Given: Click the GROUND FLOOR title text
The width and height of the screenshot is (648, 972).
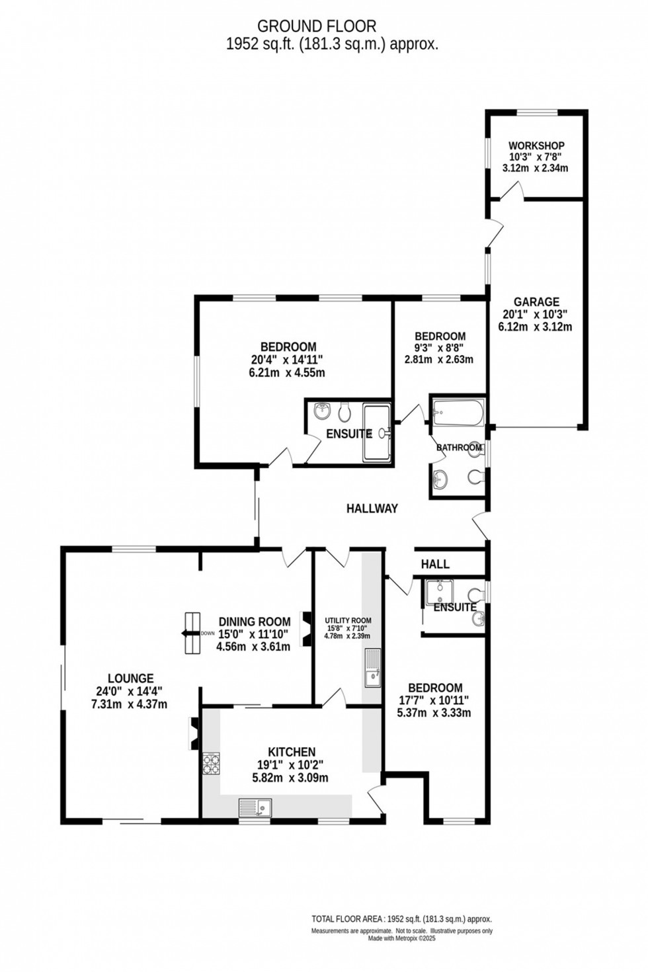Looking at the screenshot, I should click(316, 26).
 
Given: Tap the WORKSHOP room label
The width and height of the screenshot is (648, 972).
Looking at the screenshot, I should click(536, 146).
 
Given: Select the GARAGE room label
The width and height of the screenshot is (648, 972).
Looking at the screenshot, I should click(536, 302).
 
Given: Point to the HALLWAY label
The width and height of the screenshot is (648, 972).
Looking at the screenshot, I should click(372, 508).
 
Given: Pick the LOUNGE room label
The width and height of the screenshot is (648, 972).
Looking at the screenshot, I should click(131, 678).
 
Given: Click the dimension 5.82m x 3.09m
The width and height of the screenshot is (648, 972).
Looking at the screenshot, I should click(290, 778).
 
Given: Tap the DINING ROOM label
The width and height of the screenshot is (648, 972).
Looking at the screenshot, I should click(254, 622).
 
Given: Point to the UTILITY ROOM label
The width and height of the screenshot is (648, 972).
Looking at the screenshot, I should click(348, 620).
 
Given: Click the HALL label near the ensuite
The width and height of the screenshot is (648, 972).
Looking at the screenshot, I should click(434, 564).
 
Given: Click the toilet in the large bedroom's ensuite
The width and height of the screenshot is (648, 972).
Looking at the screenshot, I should click(344, 413).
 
